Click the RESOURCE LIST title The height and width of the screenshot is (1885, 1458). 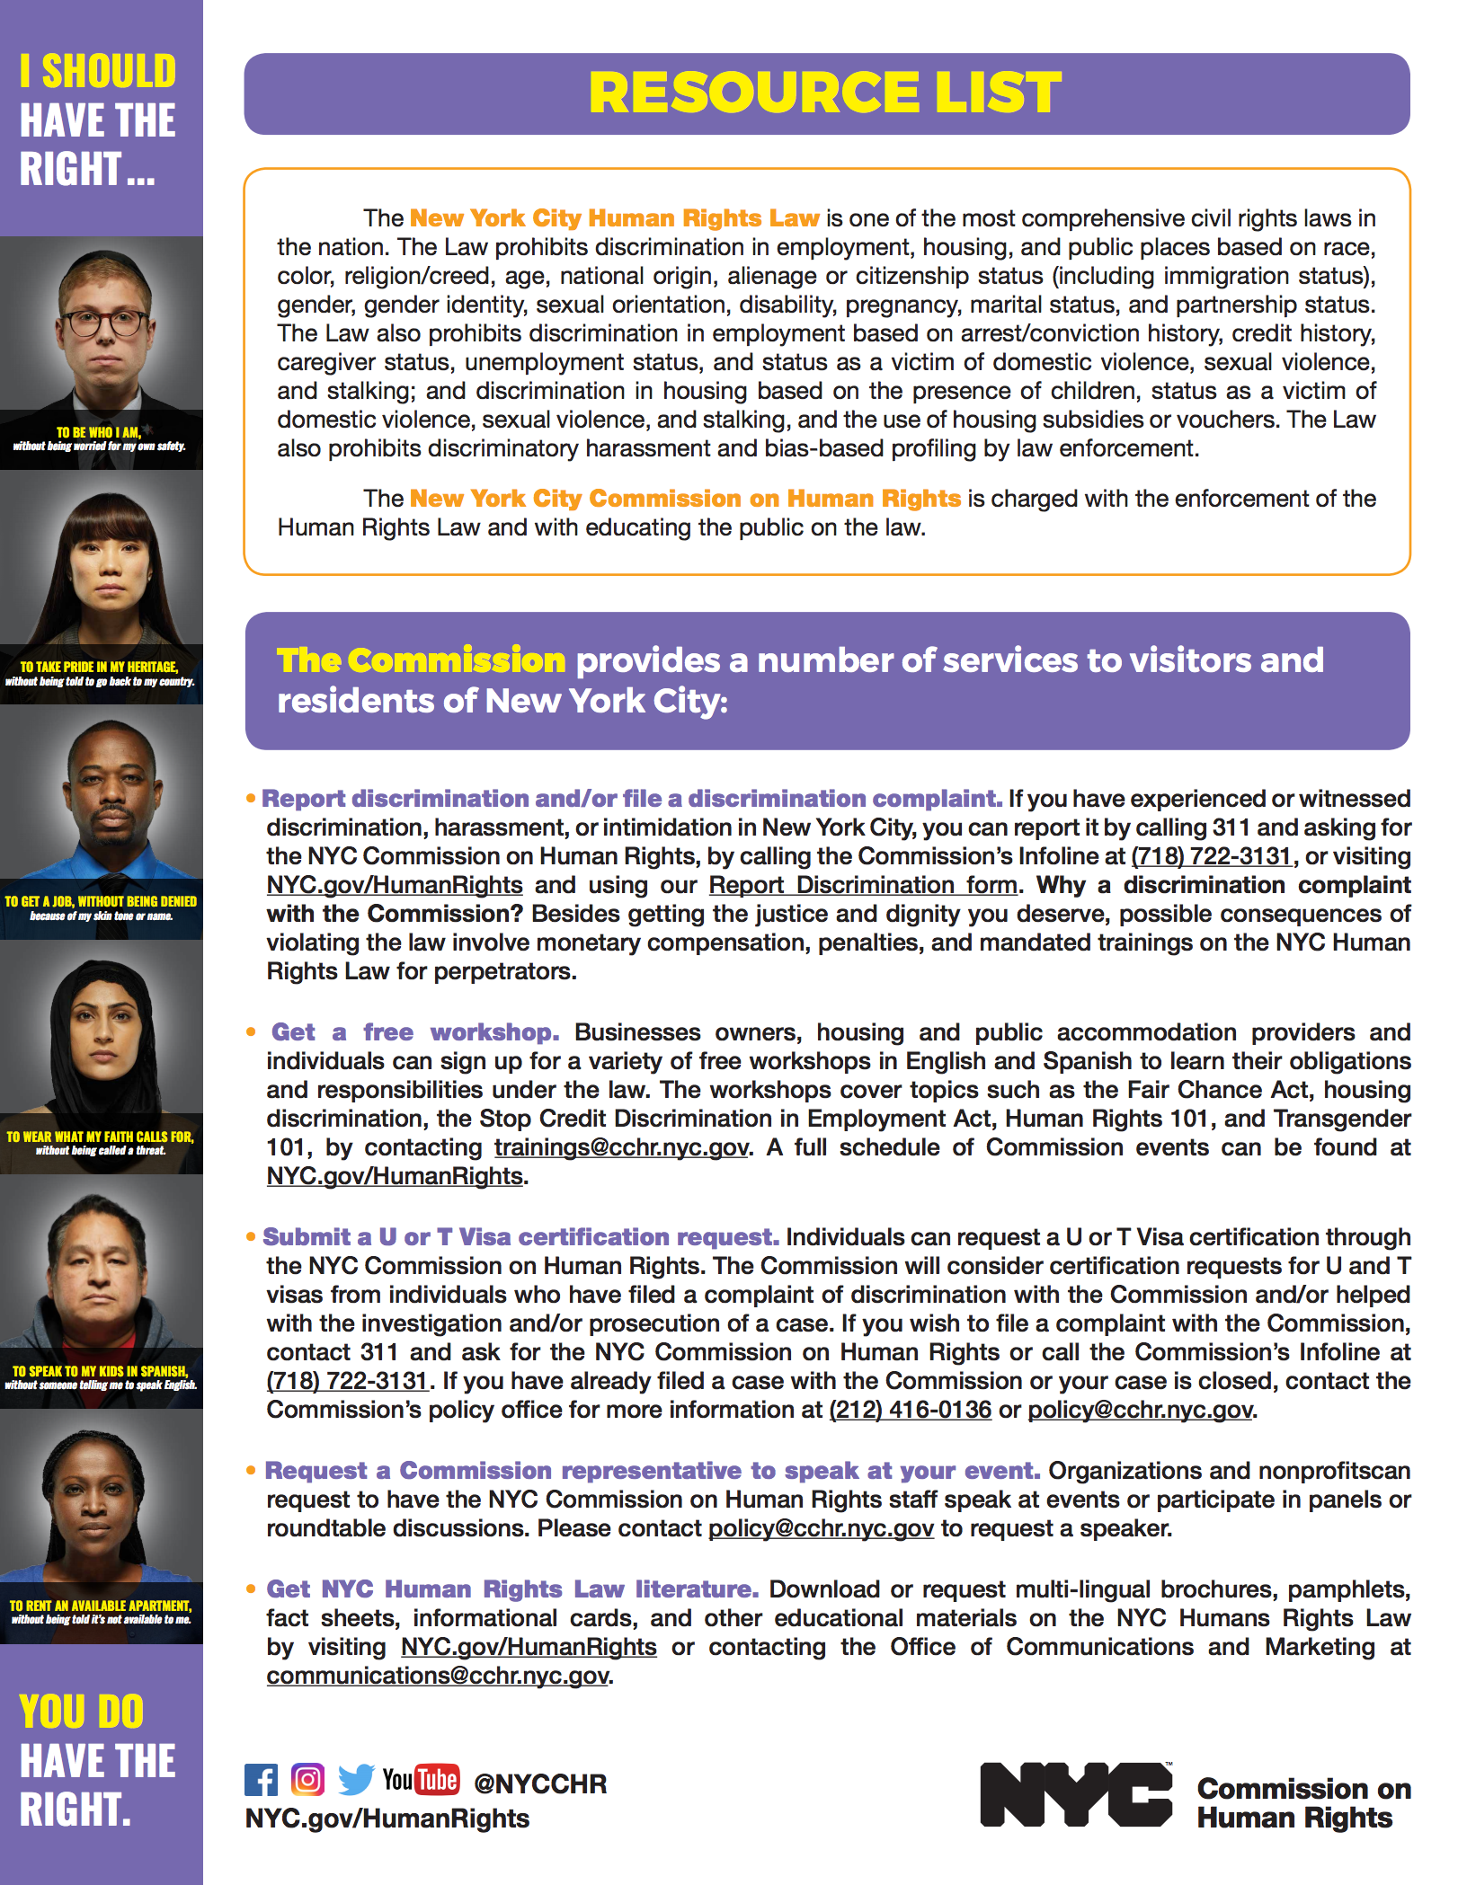point(825,93)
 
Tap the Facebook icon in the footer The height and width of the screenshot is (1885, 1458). point(261,1779)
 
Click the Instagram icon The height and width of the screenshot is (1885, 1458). point(307,1779)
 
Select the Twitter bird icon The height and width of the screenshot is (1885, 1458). point(356,1779)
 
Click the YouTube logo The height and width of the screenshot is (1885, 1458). point(421,1779)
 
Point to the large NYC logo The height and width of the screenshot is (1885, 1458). point(1075,1793)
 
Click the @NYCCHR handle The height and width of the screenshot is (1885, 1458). point(540,1783)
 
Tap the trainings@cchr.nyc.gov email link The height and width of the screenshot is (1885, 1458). point(621,1147)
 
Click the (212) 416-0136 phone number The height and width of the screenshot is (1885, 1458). point(910,1410)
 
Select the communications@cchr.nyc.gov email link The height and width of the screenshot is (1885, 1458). point(438,1676)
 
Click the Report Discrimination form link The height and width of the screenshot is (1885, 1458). point(863,885)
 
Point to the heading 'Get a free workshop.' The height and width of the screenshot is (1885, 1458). point(415,1032)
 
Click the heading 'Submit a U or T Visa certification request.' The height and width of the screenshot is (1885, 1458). point(520,1237)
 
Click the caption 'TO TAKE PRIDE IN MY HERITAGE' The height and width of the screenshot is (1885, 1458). point(99,667)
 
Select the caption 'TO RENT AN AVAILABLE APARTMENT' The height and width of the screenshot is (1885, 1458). point(100,1606)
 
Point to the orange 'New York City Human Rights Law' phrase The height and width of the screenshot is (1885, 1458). point(614,218)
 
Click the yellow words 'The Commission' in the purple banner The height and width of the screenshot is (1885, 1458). point(421,660)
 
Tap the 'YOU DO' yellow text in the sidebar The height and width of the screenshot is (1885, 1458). point(81,1712)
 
